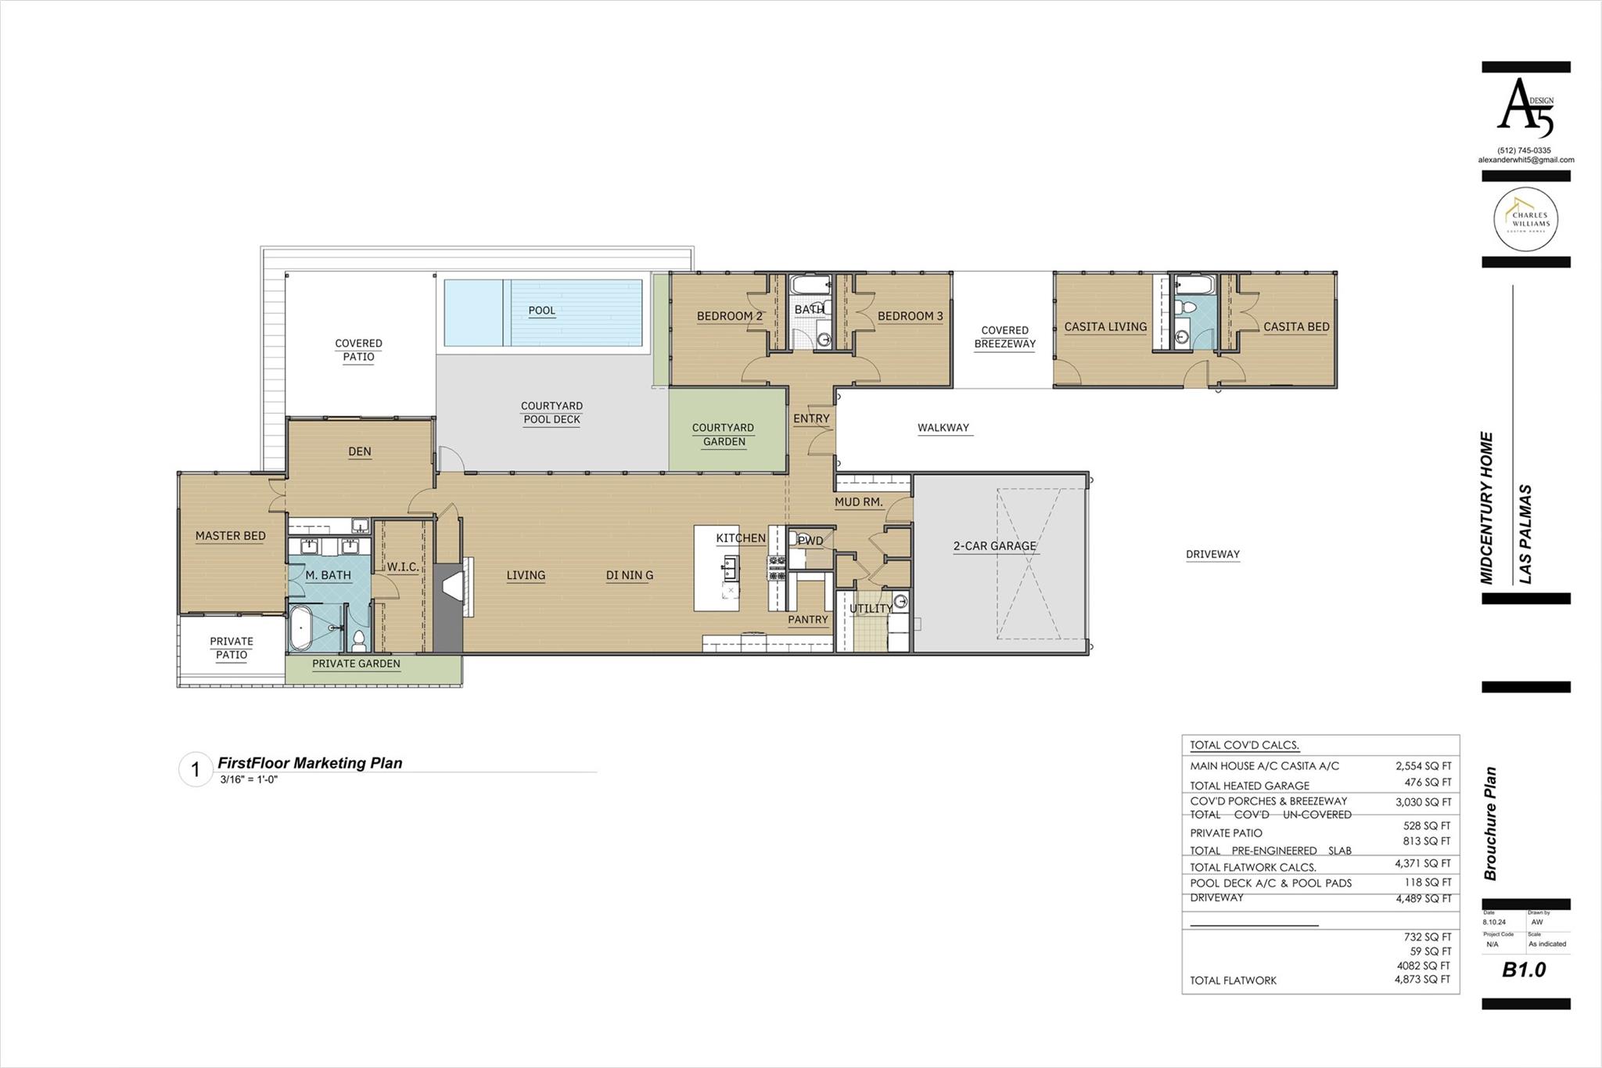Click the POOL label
click(541, 311)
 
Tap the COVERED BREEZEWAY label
click(1004, 337)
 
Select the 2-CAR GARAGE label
click(994, 546)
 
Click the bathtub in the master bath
click(301, 627)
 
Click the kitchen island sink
click(729, 565)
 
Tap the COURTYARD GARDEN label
click(723, 434)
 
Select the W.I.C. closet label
click(402, 566)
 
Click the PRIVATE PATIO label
click(232, 648)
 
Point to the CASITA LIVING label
click(1105, 327)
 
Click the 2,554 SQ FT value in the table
click(1423, 767)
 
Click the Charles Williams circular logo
click(1525, 219)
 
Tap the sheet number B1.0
click(1524, 970)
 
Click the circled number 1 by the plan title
click(196, 770)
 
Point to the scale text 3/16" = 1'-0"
click(249, 779)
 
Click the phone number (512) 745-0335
click(1524, 150)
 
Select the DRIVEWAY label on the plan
click(1212, 554)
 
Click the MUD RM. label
click(858, 502)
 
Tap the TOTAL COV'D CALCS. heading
click(1245, 746)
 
